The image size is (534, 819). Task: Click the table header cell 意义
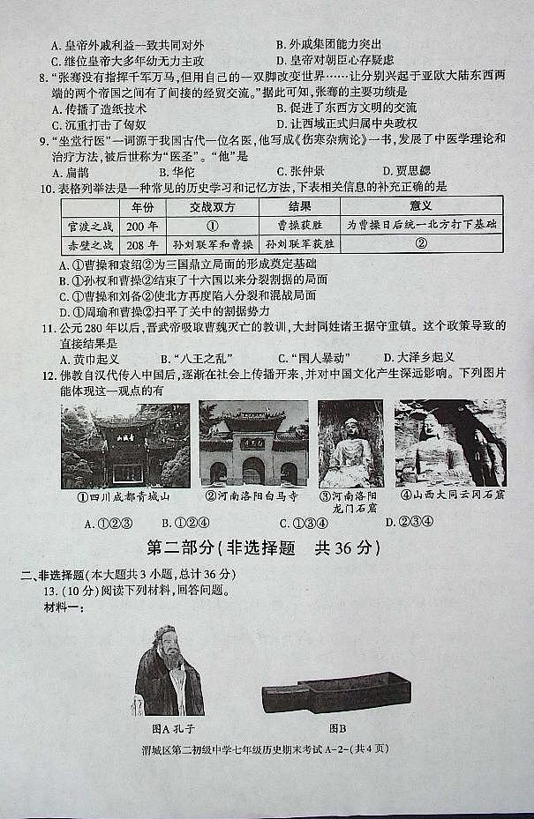[421, 207]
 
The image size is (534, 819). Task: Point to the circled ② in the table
[421, 244]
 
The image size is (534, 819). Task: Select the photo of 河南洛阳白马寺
[253, 443]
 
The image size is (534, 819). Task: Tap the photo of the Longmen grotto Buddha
[350, 443]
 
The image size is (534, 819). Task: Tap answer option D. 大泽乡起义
[419, 358]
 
